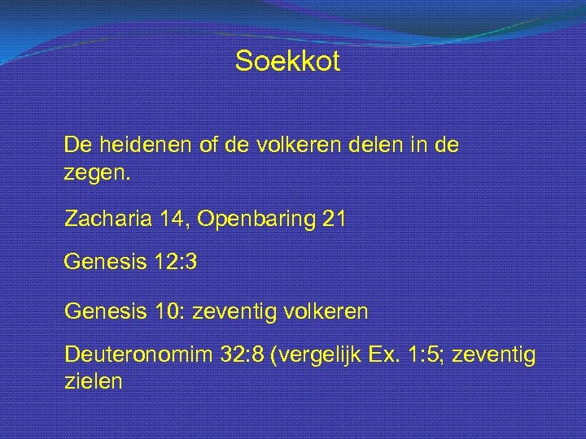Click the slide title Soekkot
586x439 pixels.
287,62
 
